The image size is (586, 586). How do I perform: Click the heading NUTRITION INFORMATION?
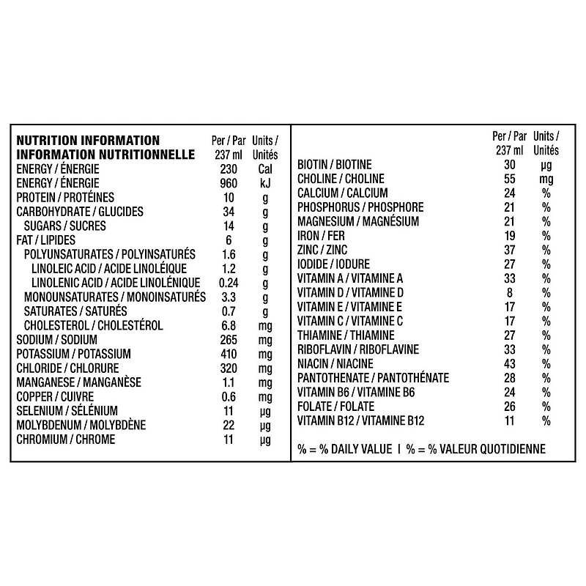(88, 140)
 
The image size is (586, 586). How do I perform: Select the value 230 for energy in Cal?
(229, 169)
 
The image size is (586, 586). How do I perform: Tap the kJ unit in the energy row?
(264, 183)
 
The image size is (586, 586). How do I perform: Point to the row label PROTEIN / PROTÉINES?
(65, 198)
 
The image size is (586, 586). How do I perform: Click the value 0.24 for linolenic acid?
(229, 283)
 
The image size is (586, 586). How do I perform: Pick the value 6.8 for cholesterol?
(229, 325)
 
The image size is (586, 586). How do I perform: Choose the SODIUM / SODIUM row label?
(57, 340)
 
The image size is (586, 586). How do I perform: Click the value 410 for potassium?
(229, 354)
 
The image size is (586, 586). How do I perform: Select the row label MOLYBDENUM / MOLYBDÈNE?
(81, 425)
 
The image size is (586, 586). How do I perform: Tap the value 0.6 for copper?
(229, 396)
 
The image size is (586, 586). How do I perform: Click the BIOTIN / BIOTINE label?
(335, 164)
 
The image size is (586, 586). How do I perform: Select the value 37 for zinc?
(510, 250)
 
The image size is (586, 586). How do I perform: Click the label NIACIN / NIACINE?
(335, 363)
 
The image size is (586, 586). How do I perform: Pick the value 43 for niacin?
(510, 363)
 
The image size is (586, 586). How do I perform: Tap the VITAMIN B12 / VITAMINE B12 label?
(361, 420)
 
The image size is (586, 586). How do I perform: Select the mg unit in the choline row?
(546, 179)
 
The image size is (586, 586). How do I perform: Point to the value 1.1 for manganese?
(229, 382)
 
